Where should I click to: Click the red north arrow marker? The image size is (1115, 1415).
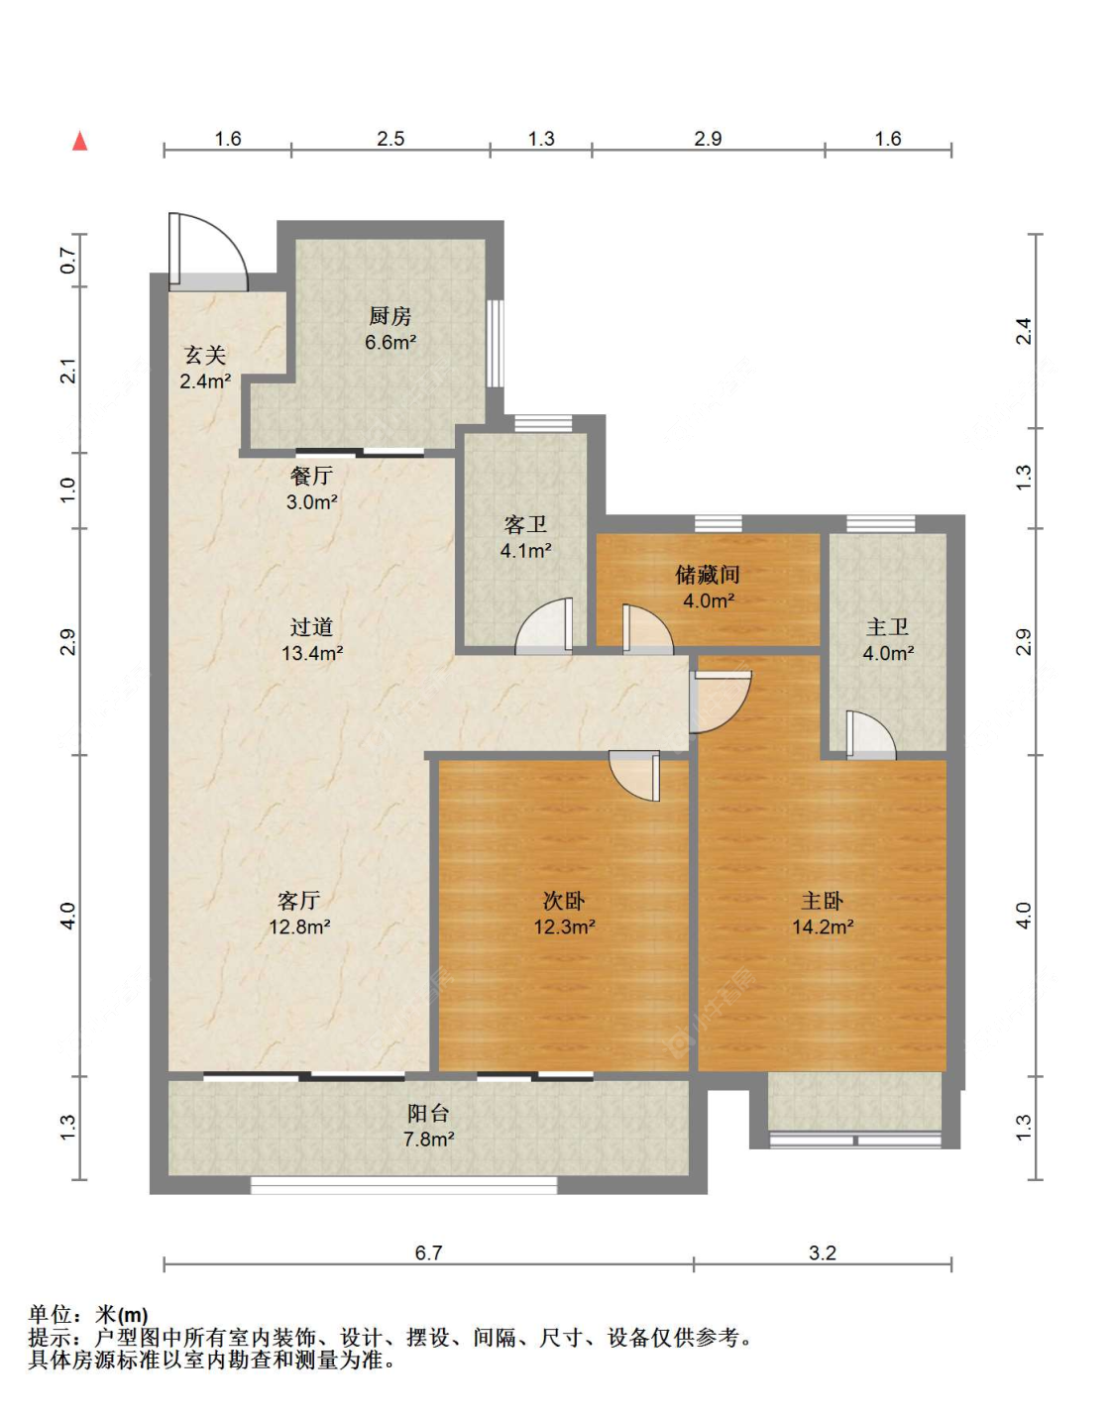79,141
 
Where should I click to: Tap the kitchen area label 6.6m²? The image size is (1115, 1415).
390,342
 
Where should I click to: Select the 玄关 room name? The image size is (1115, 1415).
205,355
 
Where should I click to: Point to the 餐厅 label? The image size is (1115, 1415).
311,476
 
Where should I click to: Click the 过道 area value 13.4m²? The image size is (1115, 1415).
312,653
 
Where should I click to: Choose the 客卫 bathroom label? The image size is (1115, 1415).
525,524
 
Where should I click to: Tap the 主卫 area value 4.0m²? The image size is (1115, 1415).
888,653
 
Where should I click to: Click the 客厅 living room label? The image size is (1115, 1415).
298,900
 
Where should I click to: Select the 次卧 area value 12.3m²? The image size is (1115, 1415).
564,926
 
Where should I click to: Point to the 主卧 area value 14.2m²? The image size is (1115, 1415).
823,926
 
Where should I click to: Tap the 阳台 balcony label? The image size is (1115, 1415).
428,1113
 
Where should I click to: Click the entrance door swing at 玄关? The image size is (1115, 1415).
208,252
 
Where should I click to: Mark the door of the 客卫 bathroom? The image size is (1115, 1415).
544,625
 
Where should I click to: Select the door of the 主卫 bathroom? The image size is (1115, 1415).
871,735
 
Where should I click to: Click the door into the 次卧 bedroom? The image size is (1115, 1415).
634,776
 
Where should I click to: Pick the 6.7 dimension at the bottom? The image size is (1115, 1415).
428,1252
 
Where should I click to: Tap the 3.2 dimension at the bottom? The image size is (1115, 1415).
823,1252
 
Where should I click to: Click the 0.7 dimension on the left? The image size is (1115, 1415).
68,261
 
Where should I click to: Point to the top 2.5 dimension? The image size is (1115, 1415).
390,138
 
